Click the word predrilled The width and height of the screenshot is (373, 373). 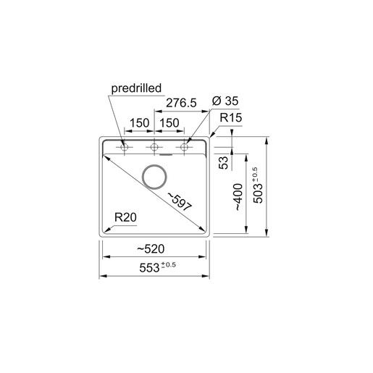tap(135, 91)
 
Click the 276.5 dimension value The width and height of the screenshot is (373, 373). tap(181, 104)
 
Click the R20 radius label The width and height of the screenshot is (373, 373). tap(125, 217)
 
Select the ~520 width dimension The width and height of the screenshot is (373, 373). tap(151, 248)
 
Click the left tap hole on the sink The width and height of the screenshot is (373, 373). tap(124, 148)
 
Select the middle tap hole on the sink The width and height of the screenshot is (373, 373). tap(154, 148)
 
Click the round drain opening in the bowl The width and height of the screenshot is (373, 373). tap(154, 175)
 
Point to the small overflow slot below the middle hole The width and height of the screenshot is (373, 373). tap(166, 154)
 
